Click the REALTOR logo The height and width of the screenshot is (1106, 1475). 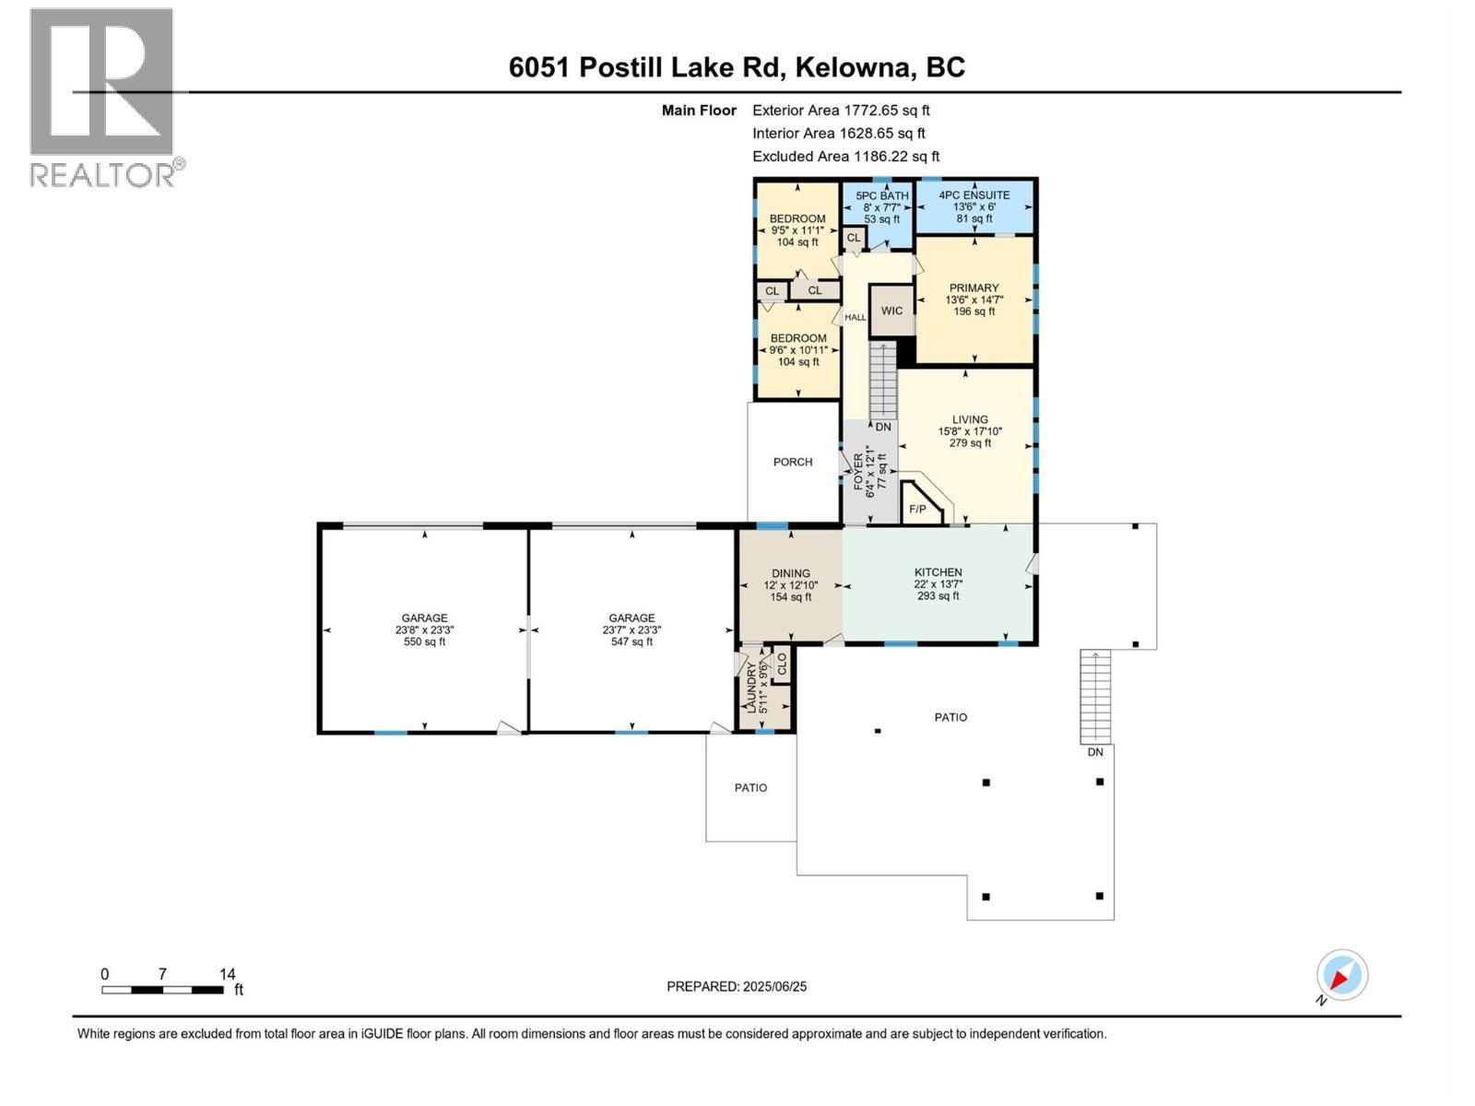[x=102, y=97]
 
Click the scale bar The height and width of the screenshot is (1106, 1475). [x=163, y=990]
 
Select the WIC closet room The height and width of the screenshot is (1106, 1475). [x=891, y=311]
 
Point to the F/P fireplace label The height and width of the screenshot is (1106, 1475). [x=917, y=509]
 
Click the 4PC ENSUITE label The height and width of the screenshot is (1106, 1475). [x=973, y=195]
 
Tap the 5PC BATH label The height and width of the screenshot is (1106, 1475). [x=881, y=195]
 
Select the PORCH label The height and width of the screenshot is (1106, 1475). [x=792, y=462]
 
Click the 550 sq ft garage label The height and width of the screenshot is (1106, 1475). [x=424, y=629]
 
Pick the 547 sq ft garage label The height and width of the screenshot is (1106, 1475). [x=631, y=629]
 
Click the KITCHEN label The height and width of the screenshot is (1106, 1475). [x=938, y=572]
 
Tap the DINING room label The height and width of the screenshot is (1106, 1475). [x=790, y=573]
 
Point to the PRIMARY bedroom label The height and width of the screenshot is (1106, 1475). [x=973, y=288]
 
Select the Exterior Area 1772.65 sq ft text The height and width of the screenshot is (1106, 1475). [x=841, y=111]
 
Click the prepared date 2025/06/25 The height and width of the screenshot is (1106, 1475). [x=737, y=986]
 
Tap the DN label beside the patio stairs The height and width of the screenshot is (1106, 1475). [x=1094, y=752]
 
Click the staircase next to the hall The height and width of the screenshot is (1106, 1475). [x=882, y=379]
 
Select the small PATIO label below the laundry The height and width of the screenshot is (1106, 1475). [x=750, y=788]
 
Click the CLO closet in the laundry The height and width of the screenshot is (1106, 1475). [x=782, y=664]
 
